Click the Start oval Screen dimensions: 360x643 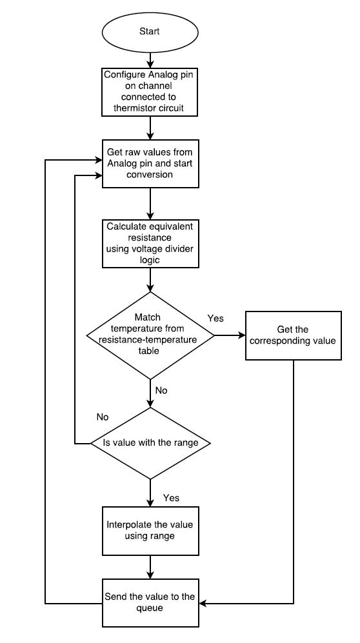pyautogui.click(x=150, y=32)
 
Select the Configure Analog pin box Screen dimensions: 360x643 pyautogui.click(x=150, y=92)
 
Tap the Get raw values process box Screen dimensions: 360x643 pyautogui.click(x=150, y=163)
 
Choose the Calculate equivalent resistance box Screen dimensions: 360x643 pyautogui.click(x=150, y=242)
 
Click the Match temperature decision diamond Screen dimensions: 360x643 pyautogui.click(x=150, y=335)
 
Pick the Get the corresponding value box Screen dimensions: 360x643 pyautogui.click(x=293, y=335)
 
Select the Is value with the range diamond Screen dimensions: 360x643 pyautogui.click(x=150, y=443)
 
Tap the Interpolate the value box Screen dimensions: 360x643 pyautogui.click(x=150, y=531)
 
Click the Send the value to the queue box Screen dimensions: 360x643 pyautogui.click(x=150, y=603)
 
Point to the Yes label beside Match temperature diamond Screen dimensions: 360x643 pyautogui.click(x=215, y=318)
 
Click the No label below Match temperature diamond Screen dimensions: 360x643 pyautogui.click(x=161, y=390)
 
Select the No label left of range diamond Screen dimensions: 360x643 pyautogui.click(x=103, y=417)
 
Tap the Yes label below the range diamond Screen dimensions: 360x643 pyautogui.click(x=171, y=498)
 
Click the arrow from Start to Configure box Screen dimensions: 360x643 pyautogui.click(x=150, y=59)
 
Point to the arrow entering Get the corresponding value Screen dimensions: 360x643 pyautogui.click(x=230, y=335)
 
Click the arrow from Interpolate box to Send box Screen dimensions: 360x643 pyautogui.click(x=150, y=567)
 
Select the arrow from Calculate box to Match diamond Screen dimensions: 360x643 pyautogui.click(x=150, y=280)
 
